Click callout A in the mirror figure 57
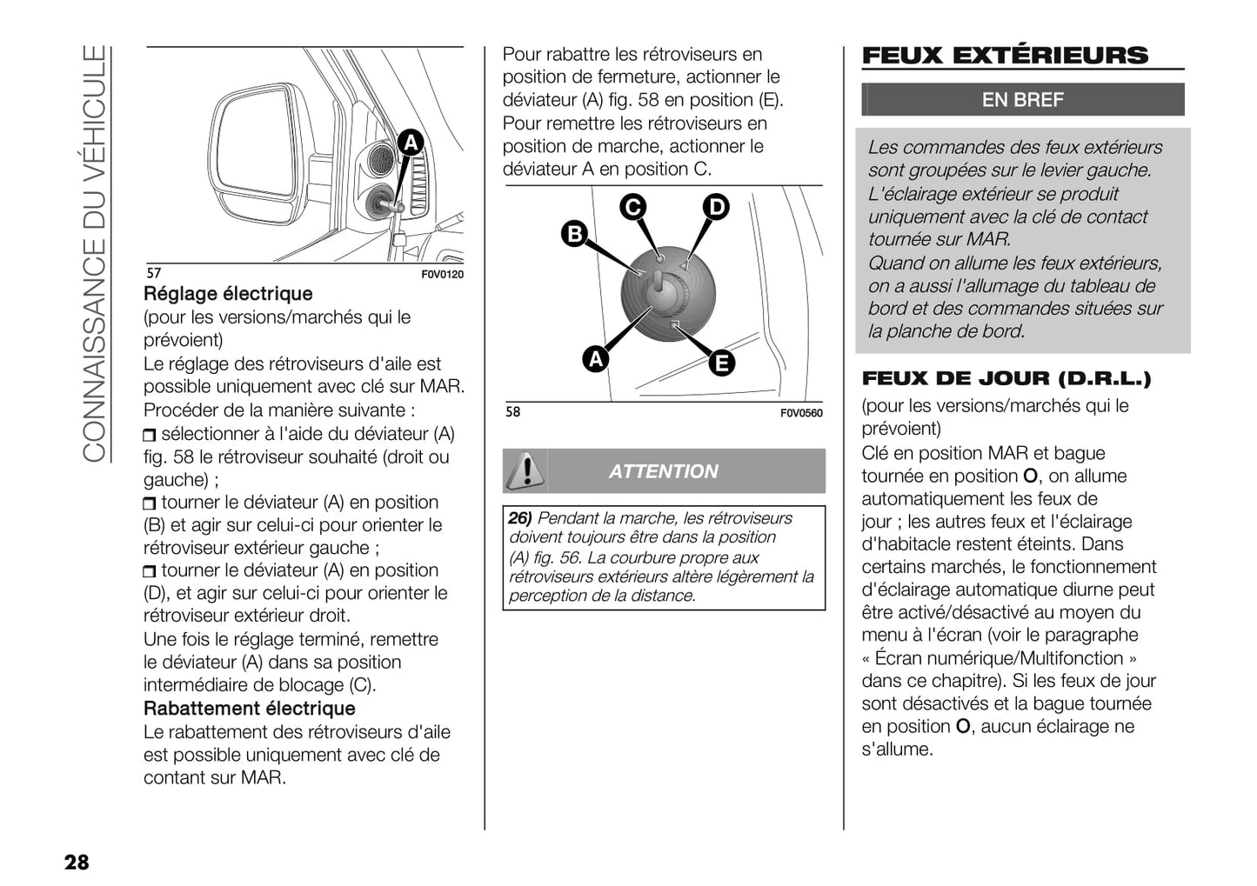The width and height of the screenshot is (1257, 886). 411,143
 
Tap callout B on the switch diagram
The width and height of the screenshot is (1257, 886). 574,233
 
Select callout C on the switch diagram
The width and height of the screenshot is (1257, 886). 632,207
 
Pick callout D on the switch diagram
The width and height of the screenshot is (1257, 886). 715,207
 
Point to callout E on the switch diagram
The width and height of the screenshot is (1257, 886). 721,363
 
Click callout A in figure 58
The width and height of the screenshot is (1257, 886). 595,358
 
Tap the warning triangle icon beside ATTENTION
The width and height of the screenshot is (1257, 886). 525,470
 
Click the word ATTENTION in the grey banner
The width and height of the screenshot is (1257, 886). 664,471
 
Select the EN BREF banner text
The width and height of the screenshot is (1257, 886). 1022,100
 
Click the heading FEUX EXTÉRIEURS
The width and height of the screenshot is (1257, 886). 1005,56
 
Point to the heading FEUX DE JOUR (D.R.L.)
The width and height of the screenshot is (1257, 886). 1006,378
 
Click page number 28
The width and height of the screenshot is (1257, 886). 77,862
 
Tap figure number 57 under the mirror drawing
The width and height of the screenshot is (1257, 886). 153,273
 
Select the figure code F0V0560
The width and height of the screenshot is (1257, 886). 800,413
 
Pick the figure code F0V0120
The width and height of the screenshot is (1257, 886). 443,275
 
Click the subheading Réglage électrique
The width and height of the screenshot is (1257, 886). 228,294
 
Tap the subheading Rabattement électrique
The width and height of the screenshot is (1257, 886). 250,708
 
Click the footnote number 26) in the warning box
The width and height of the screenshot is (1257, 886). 520,518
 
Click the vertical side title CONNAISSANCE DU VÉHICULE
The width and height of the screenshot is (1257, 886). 94,252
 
